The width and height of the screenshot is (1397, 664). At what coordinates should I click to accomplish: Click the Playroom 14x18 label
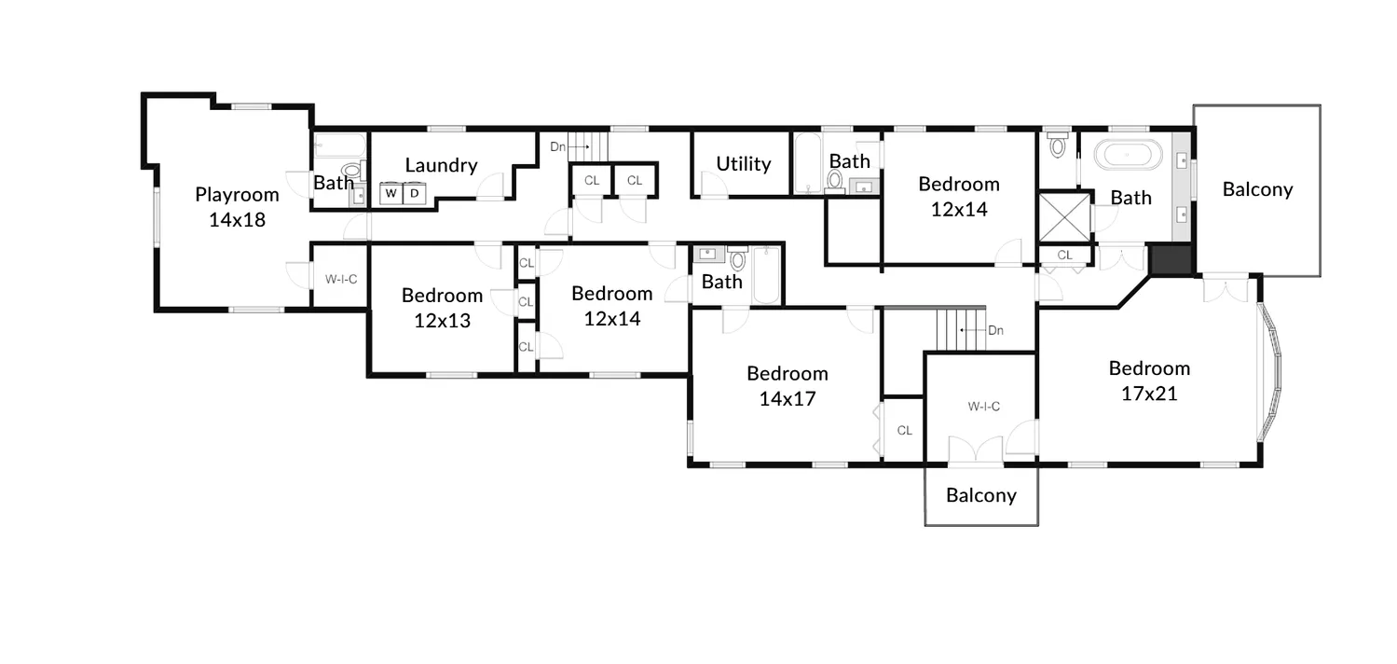click(x=237, y=207)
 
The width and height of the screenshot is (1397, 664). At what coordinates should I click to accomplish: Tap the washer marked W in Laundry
click(x=391, y=193)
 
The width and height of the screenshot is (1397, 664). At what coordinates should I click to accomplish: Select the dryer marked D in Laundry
click(x=414, y=193)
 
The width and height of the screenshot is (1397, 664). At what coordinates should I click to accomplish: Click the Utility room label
click(x=743, y=164)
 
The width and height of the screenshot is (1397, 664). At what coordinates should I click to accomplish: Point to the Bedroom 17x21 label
click(x=1149, y=380)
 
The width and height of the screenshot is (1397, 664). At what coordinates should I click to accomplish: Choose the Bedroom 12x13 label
click(x=442, y=308)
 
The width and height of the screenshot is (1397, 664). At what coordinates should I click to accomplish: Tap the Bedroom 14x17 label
click(x=787, y=386)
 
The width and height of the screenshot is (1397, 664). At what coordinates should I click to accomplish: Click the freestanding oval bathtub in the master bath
click(x=1128, y=154)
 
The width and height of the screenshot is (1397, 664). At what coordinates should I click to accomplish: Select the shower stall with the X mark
click(x=1063, y=216)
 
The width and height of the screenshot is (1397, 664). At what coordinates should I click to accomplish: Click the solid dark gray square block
click(x=1171, y=260)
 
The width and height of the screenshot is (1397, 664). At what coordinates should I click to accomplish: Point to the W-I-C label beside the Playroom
click(x=341, y=279)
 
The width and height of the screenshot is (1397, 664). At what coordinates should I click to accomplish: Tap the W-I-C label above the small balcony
click(x=983, y=407)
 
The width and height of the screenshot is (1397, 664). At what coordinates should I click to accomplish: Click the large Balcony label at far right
click(x=1257, y=189)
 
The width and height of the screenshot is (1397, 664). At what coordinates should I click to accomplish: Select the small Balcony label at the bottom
click(x=980, y=495)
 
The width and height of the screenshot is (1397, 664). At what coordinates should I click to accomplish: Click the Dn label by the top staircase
click(x=557, y=146)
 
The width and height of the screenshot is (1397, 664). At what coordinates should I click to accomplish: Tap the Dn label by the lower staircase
click(x=995, y=330)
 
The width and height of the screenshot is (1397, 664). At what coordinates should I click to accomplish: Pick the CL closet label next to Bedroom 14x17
click(x=904, y=430)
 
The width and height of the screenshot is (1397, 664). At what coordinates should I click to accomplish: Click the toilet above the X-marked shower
click(x=1057, y=145)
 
